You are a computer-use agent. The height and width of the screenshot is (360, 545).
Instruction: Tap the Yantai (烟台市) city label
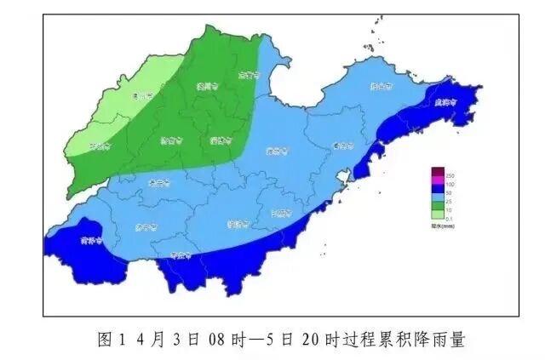[x=380, y=86]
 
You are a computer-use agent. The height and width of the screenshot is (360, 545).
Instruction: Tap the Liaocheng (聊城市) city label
[x=100, y=145]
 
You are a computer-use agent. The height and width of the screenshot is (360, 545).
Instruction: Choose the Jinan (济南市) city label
[x=169, y=141]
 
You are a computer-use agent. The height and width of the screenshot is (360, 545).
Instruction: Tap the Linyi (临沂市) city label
[x=238, y=225]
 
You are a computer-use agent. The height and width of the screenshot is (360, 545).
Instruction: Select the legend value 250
[x=450, y=174]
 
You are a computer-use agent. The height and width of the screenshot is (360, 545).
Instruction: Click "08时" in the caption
[x=234, y=340]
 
